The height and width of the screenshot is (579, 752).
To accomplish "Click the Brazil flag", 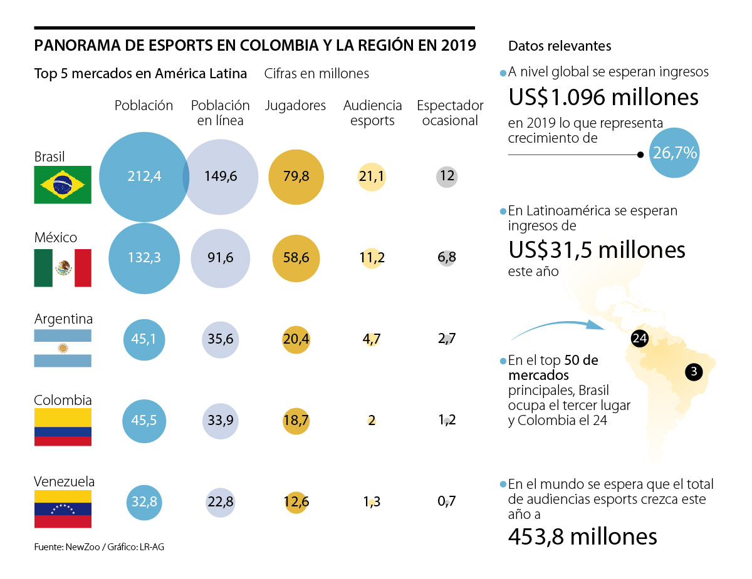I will coord(63,185).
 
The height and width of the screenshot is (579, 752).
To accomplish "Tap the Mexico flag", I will coord(63,268).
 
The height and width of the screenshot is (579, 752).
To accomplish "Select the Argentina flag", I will coord(63,347).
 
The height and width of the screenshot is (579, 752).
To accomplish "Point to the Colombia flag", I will coord(63,427).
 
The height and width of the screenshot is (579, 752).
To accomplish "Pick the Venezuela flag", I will coord(63,508).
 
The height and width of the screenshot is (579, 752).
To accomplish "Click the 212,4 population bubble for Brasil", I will coord(144,177).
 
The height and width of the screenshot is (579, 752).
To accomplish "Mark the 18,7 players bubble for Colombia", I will coord(295,420).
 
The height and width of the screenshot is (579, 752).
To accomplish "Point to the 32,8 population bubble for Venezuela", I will coord(145,501).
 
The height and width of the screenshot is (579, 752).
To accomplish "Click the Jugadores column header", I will coord(295,106).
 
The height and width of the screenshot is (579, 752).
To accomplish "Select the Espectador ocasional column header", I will coord(450,113).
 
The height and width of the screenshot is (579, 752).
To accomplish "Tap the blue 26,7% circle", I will coord(675,153).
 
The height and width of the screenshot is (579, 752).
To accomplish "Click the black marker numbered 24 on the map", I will coord(639,339).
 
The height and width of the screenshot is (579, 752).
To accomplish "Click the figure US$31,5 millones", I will coord(597,250).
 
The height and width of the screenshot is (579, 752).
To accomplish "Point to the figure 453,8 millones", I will coord(582,536).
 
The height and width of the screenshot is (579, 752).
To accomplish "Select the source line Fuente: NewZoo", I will coord(99,546).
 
